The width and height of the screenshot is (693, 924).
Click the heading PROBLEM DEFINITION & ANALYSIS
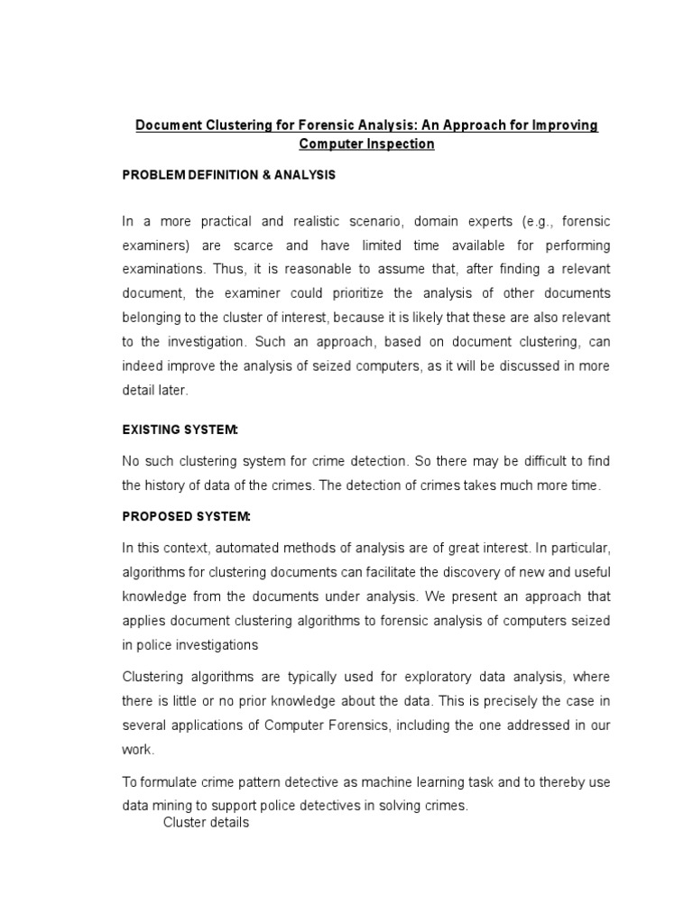[228, 175]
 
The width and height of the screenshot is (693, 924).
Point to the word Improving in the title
[565, 125]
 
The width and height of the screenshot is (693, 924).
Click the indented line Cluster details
[206, 823]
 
